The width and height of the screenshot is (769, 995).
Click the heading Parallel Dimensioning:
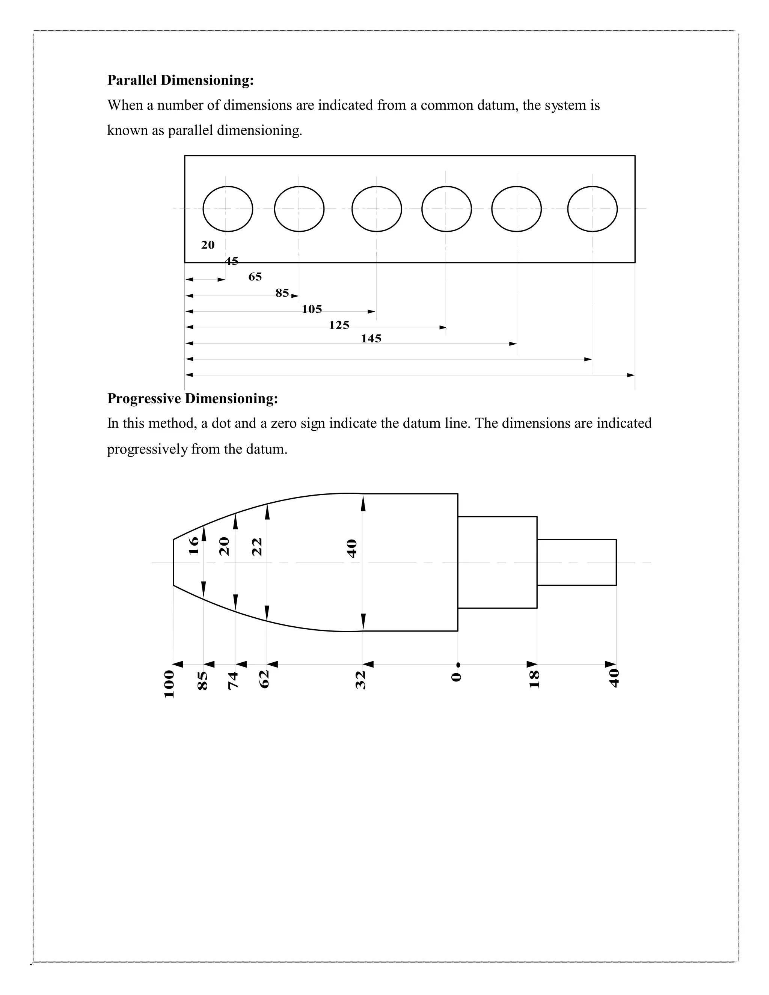point(180,80)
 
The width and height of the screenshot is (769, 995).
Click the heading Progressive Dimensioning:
point(192,399)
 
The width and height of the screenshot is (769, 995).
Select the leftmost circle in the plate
point(227,209)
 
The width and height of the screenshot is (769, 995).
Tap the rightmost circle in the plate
point(592,209)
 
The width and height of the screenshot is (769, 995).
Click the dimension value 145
point(371,339)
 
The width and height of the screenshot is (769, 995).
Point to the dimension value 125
point(339,325)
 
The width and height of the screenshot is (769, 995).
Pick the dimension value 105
point(312,309)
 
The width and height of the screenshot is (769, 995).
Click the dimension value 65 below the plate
point(255,277)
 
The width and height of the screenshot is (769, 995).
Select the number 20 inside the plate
point(208,245)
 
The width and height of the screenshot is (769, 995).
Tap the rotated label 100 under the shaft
point(169,684)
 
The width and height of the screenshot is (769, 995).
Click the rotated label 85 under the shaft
point(203,681)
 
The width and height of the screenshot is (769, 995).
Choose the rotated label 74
point(233,681)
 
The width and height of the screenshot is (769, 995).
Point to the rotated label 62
point(264,679)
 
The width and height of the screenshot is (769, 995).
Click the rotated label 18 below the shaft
point(534,679)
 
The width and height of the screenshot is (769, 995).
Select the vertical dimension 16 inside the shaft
point(194,545)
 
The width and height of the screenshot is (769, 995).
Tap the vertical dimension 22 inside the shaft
point(257,547)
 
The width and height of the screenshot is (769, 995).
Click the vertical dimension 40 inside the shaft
point(352,549)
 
